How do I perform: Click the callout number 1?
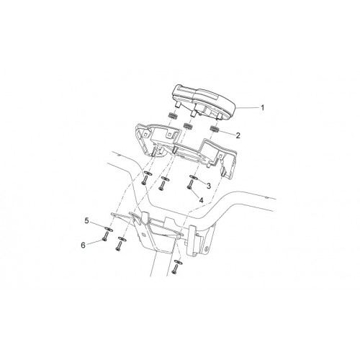(x=262, y=108)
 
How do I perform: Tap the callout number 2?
(x=238, y=135)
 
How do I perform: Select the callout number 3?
(x=209, y=186)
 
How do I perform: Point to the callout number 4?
(x=201, y=200)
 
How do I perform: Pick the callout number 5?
(x=86, y=220)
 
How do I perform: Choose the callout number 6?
(x=83, y=246)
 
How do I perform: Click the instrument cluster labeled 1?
(x=204, y=102)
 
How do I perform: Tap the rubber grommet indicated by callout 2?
(x=215, y=129)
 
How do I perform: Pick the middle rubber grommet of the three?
(x=187, y=125)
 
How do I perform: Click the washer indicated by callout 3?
(x=194, y=177)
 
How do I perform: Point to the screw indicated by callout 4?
(x=189, y=185)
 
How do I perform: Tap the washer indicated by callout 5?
(x=109, y=229)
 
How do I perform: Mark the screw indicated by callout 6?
(x=105, y=236)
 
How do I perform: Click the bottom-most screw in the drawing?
(x=175, y=269)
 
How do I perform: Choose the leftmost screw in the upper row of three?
(x=145, y=179)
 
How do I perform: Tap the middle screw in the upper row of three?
(x=162, y=185)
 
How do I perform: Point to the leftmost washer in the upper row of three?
(x=148, y=173)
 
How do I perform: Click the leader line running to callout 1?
(x=247, y=108)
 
